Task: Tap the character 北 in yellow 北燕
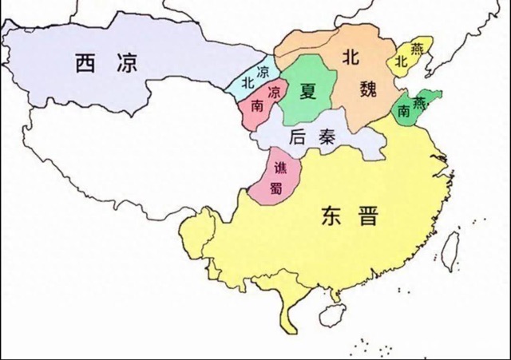tap(401, 63)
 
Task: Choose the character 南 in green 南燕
tap(406, 113)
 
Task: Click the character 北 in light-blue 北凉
tap(248, 81)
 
